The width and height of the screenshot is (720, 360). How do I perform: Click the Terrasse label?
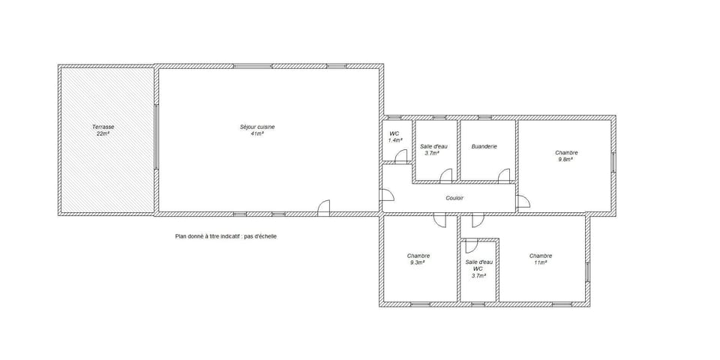click(103, 127)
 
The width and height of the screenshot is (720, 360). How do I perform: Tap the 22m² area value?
click(103, 134)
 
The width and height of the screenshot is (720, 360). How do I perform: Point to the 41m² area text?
click(257, 133)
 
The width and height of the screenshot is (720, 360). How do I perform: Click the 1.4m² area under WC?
click(395, 140)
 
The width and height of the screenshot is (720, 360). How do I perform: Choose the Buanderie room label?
click(484, 146)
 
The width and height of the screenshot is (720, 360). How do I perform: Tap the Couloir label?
click(454, 198)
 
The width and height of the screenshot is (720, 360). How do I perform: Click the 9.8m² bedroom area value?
click(565, 159)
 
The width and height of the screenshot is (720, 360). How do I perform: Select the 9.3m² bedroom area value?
click(418, 262)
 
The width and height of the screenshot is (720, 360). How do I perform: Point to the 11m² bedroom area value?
click(540, 262)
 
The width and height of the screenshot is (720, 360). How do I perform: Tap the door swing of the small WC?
click(401, 157)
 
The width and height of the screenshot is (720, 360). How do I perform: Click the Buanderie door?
click(504, 175)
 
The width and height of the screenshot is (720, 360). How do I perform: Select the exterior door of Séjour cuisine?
click(324, 208)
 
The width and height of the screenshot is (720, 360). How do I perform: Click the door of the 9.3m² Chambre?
click(439, 220)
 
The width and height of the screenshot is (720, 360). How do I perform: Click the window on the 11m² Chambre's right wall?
click(588, 271)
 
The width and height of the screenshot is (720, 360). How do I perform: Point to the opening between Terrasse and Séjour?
click(156, 136)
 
